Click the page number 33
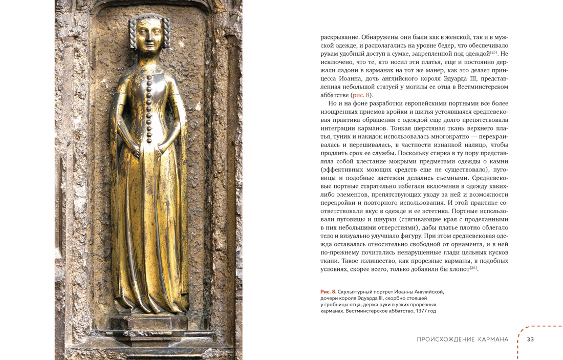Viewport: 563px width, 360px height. click(x=530, y=340)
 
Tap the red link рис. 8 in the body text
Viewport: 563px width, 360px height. click(x=361, y=95)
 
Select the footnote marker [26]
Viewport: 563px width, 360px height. click(x=473, y=268)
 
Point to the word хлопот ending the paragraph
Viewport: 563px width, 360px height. click(x=457, y=269)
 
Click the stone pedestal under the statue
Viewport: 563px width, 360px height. click(x=149, y=325)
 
